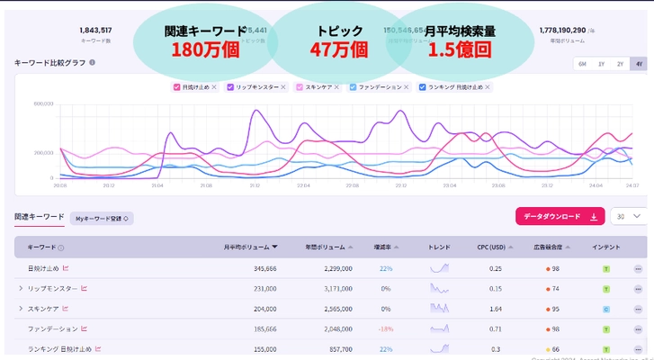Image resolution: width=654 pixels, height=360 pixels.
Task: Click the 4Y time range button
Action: coord(638,64)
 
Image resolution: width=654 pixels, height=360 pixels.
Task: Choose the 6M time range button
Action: coord(582,64)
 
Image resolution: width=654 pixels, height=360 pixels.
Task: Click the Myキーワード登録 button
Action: coord(102,218)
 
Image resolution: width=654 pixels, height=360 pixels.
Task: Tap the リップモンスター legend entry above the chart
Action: coord(253,87)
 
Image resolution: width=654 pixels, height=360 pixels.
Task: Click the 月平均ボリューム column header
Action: coord(250,247)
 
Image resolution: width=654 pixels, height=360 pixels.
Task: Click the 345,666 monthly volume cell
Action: coord(259,268)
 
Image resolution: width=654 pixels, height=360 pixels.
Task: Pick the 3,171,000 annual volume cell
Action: coord(333,289)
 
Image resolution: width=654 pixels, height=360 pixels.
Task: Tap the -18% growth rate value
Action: coord(385,329)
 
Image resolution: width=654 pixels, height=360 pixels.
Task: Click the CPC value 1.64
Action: coord(495,309)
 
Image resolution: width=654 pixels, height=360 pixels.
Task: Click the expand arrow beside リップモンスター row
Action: coord(20,289)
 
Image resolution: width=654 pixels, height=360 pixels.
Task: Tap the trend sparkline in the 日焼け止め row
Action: coord(439,267)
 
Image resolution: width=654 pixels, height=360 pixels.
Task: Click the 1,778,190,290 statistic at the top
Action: coord(569,30)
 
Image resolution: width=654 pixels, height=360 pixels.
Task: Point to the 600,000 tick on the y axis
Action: coord(44,103)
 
